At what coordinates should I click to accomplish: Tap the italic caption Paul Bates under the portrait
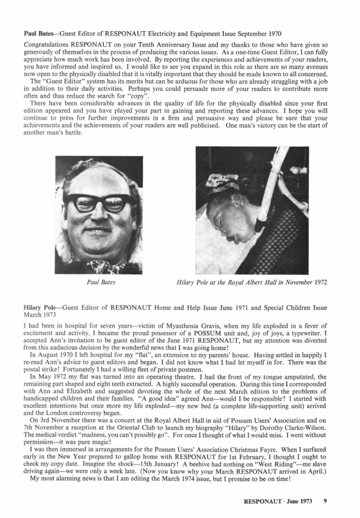[x=100, y=283]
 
